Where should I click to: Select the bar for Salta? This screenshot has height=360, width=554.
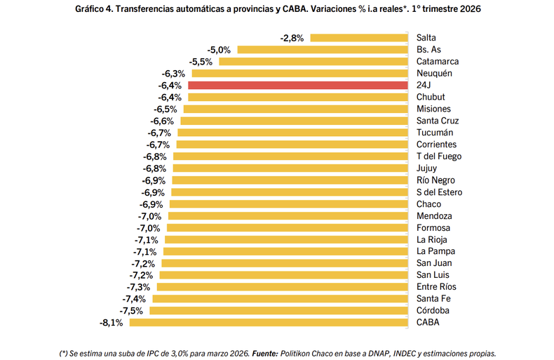pyautogui.click(x=359, y=38)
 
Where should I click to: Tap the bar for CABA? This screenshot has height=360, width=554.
pyautogui.click(x=269, y=323)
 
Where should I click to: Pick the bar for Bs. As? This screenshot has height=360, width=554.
pyautogui.click(x=323, y=50)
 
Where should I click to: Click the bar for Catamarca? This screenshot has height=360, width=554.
pyautogui.click(x=314, y=62)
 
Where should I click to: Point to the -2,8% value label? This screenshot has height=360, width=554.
pyautogui.click(x=292, y=38)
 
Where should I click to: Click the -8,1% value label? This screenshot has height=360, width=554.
pyautogui.click(x=112, y=323)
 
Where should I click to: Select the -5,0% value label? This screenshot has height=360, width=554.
pyautogui.click(x=219, y=50)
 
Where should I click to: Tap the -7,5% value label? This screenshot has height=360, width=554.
pyautogui.click(x=132, y=311)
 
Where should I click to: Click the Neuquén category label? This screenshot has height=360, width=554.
pyautogui.click(x=434, y=74)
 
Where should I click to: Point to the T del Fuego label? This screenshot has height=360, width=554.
pyautogui.click(x=439, y=156)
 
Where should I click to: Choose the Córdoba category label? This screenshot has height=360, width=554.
pyautogui.click(x=433, y=311)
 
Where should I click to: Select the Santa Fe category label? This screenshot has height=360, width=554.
pyautogui.click(x=433, y=299)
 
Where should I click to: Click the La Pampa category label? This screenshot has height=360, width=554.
pyautogui.click(x=435, y=251)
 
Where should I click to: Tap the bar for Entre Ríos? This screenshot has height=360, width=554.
pyautogui.click(x=283, y=287)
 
